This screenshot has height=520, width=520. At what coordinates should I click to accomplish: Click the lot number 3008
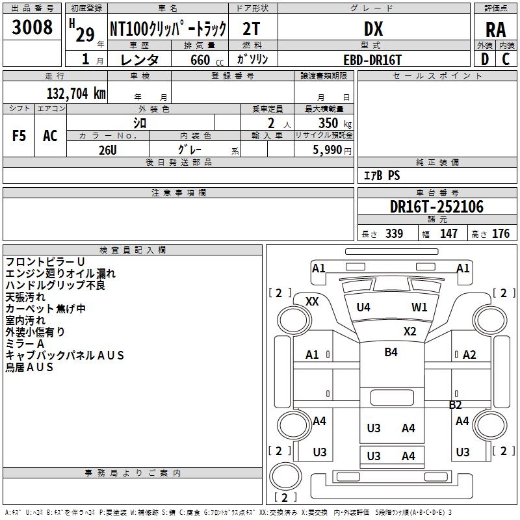click(32, 27)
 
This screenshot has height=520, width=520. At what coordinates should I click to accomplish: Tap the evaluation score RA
click(495, 30)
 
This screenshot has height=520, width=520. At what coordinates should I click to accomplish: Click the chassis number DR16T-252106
click(437, 207)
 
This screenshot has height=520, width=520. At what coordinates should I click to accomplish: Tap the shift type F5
click(19, 136)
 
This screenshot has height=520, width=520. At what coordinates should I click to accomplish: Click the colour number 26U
click(107, 149)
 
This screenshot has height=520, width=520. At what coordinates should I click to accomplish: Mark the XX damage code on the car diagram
click(312, 301)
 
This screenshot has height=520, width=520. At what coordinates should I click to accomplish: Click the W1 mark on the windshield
click(419, 307)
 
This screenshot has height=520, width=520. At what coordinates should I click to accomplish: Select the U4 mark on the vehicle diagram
click(363, 307)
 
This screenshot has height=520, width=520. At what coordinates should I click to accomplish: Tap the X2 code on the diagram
click(409, 331)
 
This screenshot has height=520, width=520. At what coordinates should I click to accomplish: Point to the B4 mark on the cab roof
click(391, 352)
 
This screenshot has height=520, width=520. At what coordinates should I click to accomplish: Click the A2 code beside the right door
click(469, 354)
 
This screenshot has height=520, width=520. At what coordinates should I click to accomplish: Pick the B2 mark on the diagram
click(456, 404)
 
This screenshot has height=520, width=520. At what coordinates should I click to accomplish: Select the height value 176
click(500, 234)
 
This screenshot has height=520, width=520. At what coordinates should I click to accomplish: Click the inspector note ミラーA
click(25, 343)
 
